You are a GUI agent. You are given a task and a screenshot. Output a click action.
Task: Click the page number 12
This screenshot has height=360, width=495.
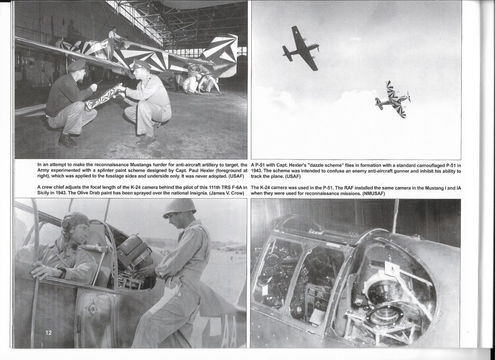(49, 332)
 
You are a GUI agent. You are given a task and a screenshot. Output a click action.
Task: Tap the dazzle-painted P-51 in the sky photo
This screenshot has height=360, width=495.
(393, 100)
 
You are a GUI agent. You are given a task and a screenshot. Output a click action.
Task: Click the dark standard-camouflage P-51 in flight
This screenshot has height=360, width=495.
(301, 48)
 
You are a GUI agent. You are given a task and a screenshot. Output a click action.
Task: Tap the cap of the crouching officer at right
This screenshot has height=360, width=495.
(141, 64)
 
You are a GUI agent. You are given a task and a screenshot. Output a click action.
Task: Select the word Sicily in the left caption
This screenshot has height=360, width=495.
(46, 193)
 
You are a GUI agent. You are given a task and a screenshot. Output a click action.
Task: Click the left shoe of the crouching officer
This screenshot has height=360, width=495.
(144, 141)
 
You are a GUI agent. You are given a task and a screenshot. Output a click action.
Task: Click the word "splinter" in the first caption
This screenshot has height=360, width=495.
(111, 171)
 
